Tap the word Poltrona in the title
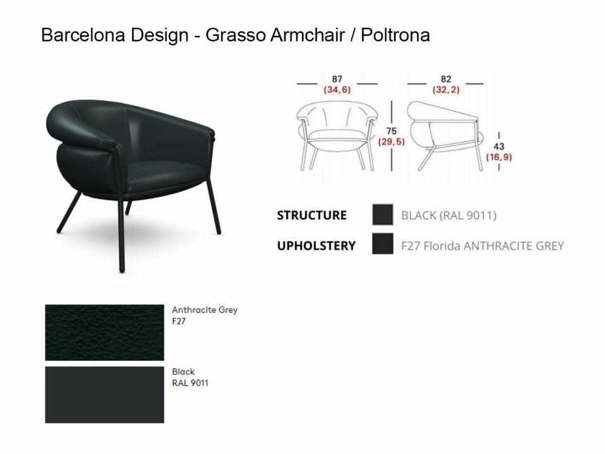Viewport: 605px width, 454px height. pyautogui.click(x=395, y=35)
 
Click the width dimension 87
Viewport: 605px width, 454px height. pyautogui.click(x=337, y=79)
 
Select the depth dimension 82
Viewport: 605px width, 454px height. pyautogui.click(x=446, y=79)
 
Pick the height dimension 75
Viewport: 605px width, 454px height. pyautogui.click(x=391, y=131)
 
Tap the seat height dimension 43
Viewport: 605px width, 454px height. pyautogui.click(x=499, y=147)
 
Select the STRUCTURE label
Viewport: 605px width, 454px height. pyautogui.click(x=312, y=215)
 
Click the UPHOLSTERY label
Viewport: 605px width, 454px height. pyautogui.click(x=316, y=245)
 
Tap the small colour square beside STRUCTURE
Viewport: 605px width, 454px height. pyautogui.click(x=383, y=214)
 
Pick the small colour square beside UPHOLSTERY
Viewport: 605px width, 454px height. pyautogui.click(x=383, y=243)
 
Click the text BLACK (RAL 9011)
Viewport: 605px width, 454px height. pyautogui.click(x=449, y=215)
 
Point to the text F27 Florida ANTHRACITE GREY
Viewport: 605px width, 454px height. pyautogui.click(x=483, y=245)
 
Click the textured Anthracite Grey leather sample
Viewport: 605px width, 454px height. pyautogui.click(x=105, y=332)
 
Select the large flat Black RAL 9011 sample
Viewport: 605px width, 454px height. pyautogui.click(x=105, y=395)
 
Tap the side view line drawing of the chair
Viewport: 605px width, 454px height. pyautogui.click(x=446, y=136)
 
